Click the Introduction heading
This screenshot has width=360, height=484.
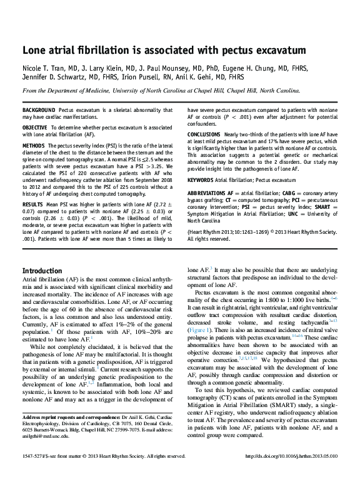point(42,271)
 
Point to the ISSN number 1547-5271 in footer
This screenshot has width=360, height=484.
point(34,456)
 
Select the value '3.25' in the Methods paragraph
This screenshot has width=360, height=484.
point(159,168)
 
